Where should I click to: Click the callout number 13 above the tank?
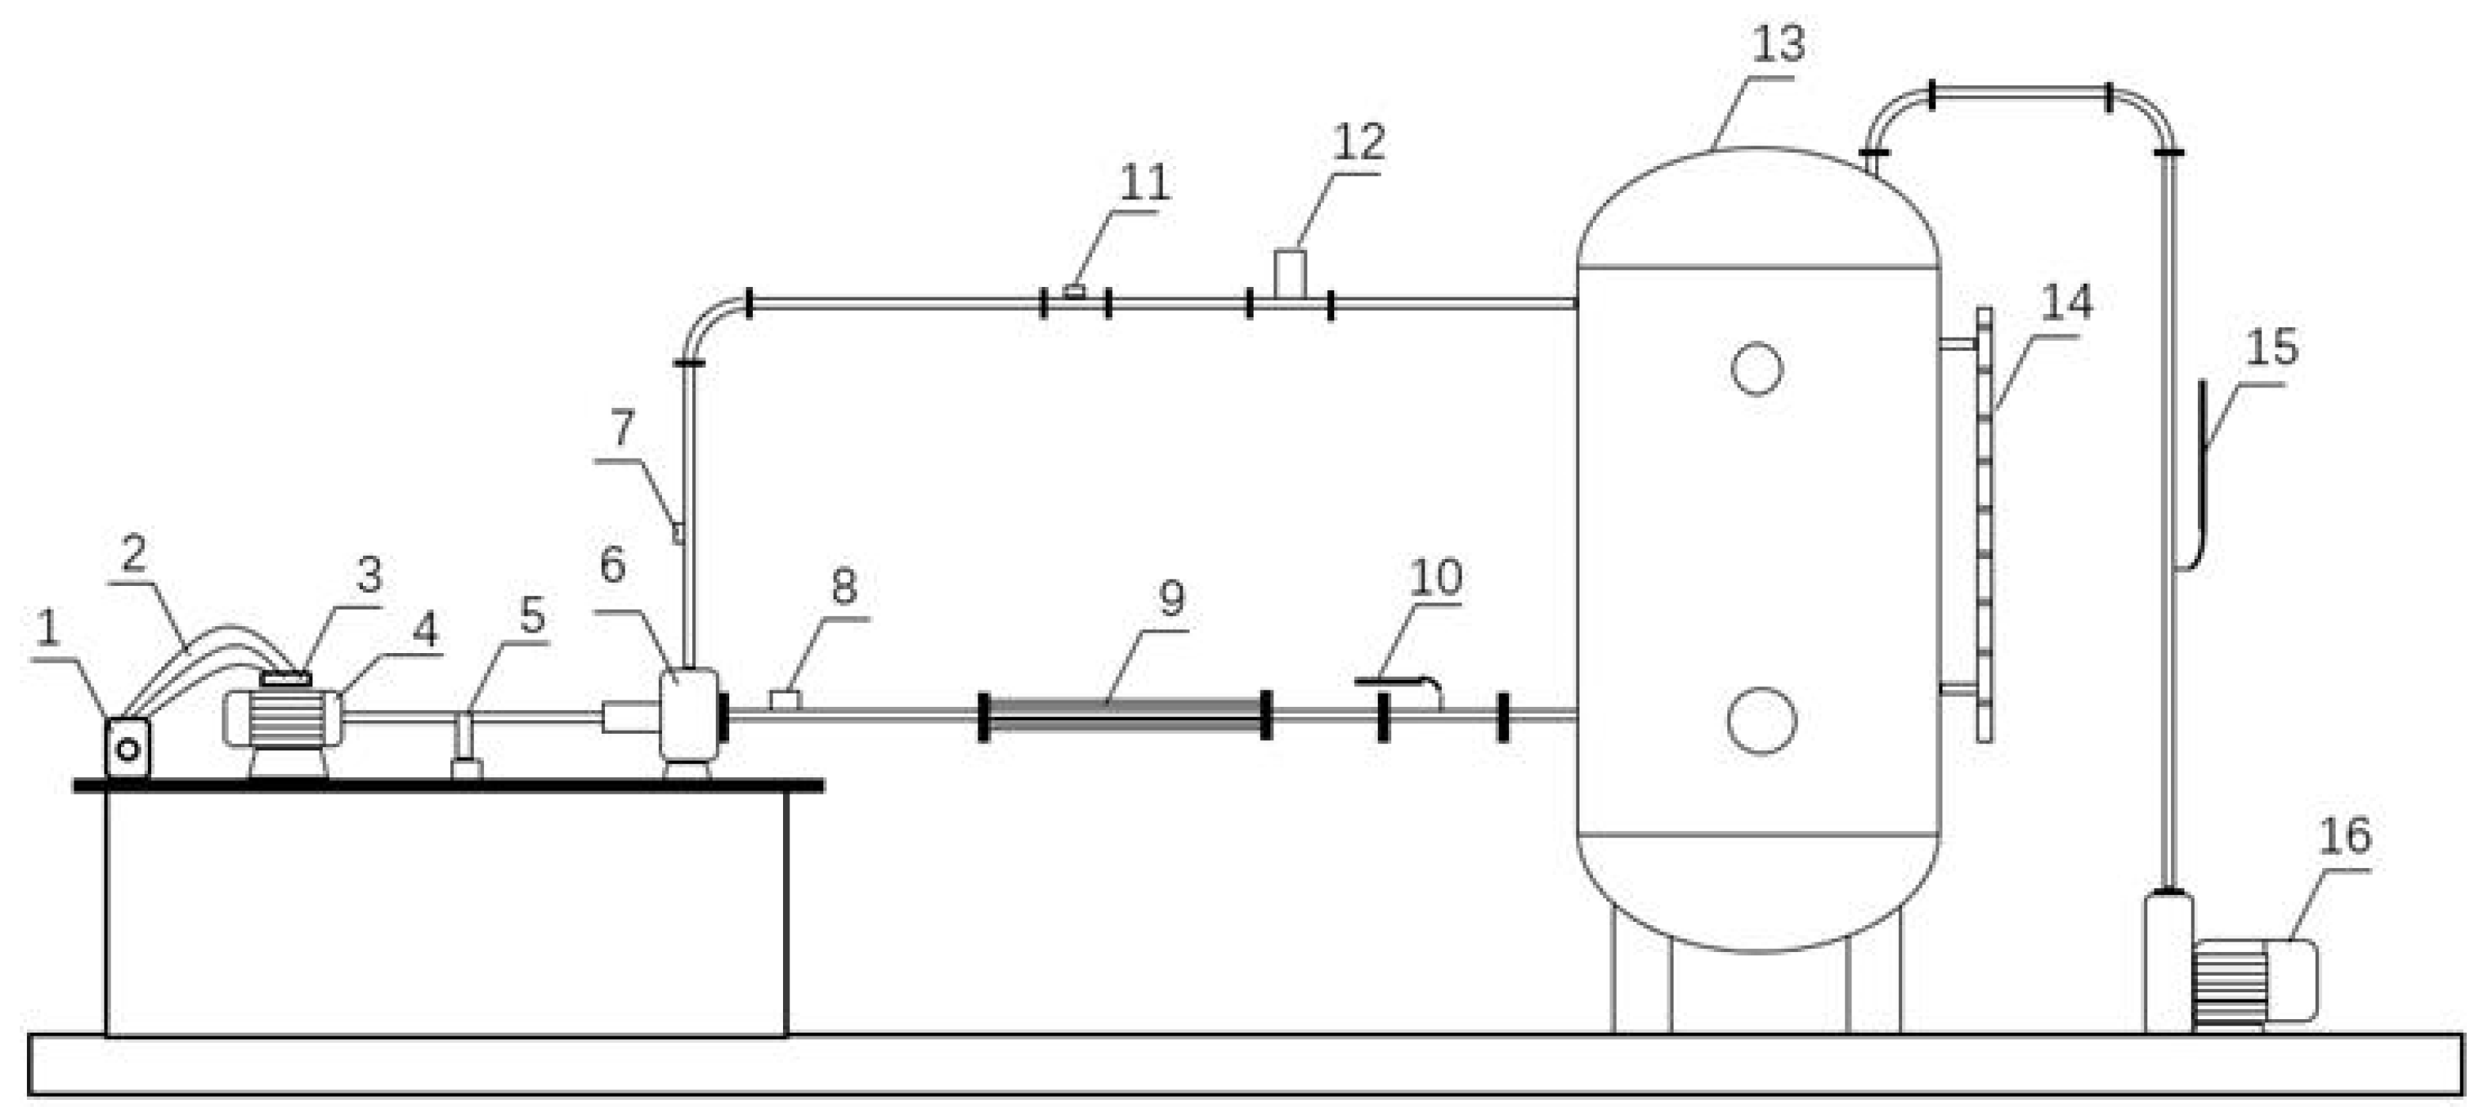coord(1777,44)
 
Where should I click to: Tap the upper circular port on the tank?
coord(1756,368)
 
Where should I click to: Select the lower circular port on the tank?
coord(1760,721)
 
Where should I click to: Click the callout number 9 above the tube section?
coord(1171,599)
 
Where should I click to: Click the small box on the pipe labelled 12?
coord(1289,274)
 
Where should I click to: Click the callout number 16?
coord(2344,837)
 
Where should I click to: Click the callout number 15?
coord(2270,348)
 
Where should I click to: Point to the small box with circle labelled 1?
coord(127,747)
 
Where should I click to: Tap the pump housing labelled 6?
coord(688,713)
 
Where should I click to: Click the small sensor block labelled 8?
coord(785,699)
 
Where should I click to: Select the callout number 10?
coord(1435,578)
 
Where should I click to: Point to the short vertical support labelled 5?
coord(465,740)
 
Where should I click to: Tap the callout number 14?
coord(2066,304)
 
